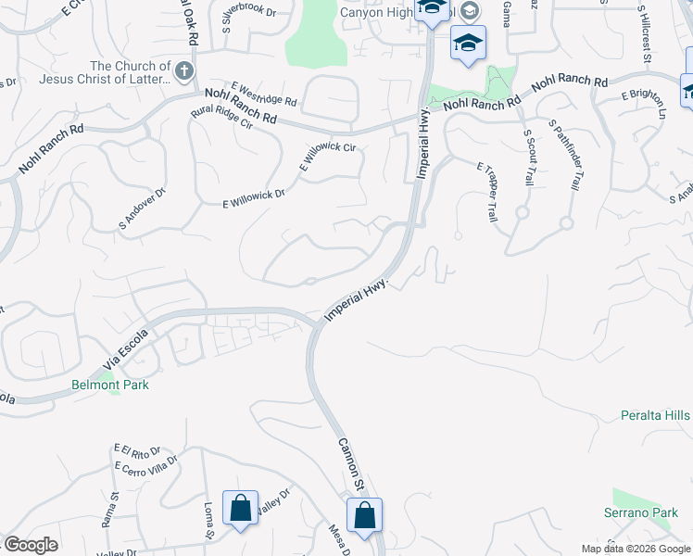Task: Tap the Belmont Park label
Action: click(x=110, y=384)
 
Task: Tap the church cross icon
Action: click(x=185, y=70)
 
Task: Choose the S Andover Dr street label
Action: click(x=141, y=208)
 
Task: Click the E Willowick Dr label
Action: click(x=253, y=199)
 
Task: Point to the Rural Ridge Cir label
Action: click(x=221, y=123)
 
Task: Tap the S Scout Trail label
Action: click(x=528, y=158)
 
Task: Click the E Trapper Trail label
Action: click(x=486, y=192)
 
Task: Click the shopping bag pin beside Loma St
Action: click(x=241, y=508)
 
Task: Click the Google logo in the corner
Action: click(x=31, y=545)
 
